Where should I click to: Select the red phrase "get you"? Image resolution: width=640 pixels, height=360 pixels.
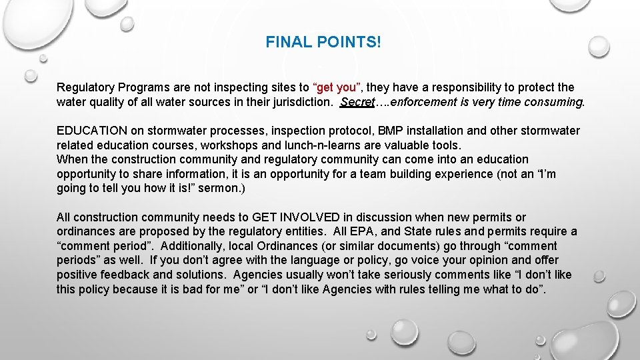click(x=337, y=87)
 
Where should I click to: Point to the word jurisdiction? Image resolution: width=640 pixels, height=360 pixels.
click(x=300, y=102)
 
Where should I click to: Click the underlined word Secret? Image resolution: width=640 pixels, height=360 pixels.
click(x=357, y=102)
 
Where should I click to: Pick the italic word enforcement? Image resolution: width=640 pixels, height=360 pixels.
click(x=433, y=102)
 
